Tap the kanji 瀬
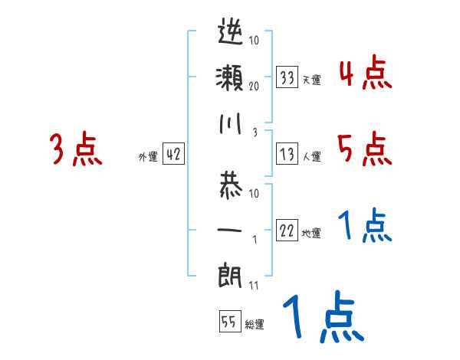231,79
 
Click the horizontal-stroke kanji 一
231,229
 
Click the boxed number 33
287,77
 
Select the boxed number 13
287,155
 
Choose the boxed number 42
173,155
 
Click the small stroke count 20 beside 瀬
254,87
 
